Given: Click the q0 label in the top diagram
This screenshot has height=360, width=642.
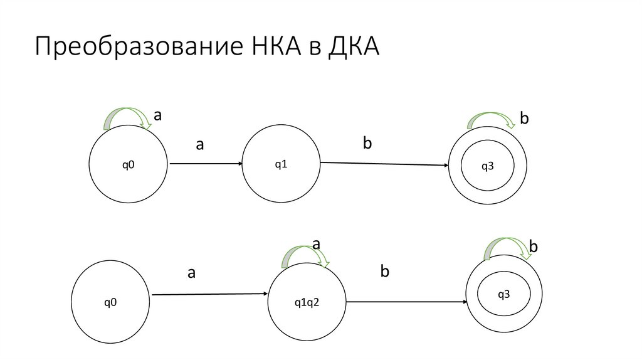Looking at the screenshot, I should [128, 165].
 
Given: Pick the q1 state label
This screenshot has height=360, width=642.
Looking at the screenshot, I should [281, 164].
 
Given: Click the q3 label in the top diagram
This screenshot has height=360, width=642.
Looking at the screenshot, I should [487, 166].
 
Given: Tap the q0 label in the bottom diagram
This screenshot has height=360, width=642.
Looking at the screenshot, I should [111, 302].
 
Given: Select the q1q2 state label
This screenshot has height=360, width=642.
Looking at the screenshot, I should [307, 303].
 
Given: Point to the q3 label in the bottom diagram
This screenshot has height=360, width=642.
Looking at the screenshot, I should [504, 294].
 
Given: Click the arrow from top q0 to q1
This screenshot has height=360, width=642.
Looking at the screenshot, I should [205, 164].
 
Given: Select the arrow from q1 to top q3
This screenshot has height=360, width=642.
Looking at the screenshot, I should [384, 164].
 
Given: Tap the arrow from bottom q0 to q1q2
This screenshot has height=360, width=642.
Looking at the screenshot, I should [209, 294].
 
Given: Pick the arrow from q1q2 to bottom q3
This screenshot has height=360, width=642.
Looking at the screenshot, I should [406, 302].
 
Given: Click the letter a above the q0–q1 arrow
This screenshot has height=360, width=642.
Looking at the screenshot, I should [200, 145].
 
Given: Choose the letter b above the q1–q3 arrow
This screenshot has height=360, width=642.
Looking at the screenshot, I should [367, 143].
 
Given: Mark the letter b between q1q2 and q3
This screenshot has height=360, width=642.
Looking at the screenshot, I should [385, 272].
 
